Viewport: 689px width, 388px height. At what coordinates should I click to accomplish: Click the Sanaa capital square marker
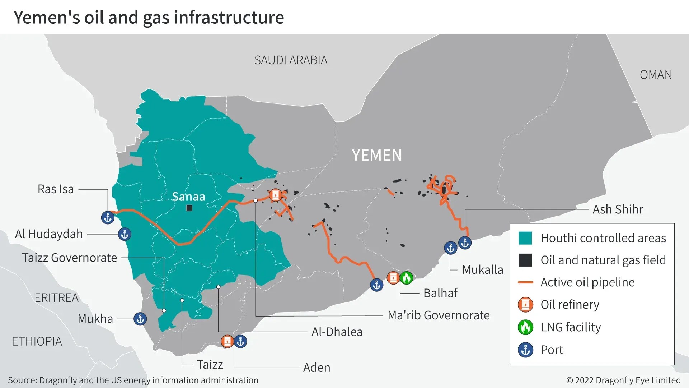(x=189, y=208)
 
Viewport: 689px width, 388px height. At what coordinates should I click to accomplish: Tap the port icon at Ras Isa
(x=108, y=217)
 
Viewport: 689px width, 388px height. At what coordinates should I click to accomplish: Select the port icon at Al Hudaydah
(x=125, y=234)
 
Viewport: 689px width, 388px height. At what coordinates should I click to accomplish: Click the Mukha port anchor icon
(x=140, y=319)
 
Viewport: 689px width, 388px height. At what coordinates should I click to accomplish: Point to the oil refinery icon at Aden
(x=227, y=341)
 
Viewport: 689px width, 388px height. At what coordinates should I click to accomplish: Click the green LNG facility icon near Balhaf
(x=406, y=278)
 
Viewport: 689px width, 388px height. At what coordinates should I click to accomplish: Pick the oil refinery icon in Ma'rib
(x=276, y=195)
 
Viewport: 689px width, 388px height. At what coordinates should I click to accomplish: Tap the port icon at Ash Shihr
(x=465, y=243)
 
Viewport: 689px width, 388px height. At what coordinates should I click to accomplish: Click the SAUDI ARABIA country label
(x=291, y=60)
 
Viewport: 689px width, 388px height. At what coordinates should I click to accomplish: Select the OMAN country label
(x=656, y=75)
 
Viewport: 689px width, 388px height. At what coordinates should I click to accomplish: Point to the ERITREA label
(x=56, y=298)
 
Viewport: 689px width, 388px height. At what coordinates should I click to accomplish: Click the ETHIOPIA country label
(x=37, y=341)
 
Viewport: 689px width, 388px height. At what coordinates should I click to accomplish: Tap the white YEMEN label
(x=377, y=155)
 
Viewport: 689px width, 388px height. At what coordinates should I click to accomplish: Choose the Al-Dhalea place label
(x=337, y=332)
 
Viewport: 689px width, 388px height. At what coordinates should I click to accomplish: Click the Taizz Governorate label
(x=70, y=258)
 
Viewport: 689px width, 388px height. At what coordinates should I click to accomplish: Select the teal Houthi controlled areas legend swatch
(x=525, y=238)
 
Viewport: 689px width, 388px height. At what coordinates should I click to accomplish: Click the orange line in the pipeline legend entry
(x=525, y=282)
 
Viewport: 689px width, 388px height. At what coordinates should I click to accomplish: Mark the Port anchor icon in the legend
(x=525, y=350)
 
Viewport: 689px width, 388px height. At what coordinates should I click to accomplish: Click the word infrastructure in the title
(x=229, y=18)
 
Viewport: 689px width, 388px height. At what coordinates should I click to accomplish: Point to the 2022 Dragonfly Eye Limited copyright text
(x=623, y=380)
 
